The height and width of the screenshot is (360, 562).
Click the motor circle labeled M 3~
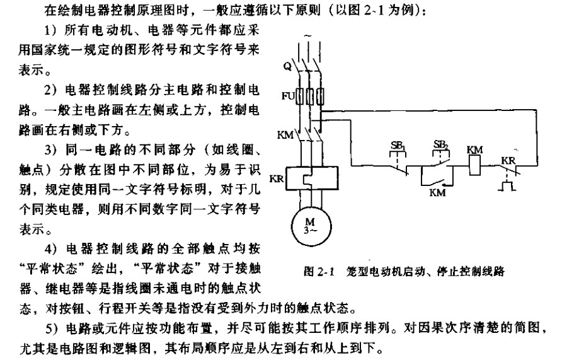click(x=310, y=224)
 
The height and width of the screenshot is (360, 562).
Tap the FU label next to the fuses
click(x=286, y=97)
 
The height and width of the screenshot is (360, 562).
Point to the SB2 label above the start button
click(x=441, y=146)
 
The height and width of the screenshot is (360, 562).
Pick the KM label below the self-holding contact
click(x=437, y=193)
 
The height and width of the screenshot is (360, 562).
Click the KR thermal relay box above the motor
click(x=309, y=178)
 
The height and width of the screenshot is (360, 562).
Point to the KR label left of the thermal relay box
click(x=277, y=180)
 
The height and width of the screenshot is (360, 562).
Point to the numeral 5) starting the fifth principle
click(x=48, y=328)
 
